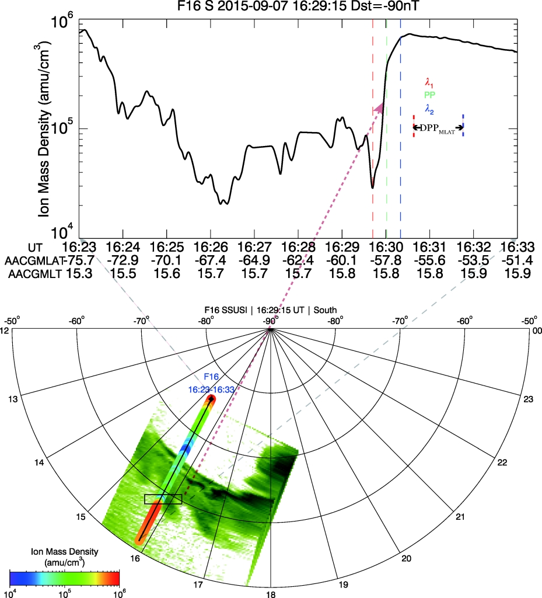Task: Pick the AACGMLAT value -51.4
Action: coord(517,259)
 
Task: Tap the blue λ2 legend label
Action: coord(430,107)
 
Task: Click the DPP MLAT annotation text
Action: coord(438,127)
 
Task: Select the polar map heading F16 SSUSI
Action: coord(271,310)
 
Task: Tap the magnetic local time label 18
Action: coord(271,592)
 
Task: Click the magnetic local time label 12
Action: coord(6,331)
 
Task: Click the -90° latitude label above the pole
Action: coord(270,321)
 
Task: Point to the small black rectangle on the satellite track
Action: coord(163,499)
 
